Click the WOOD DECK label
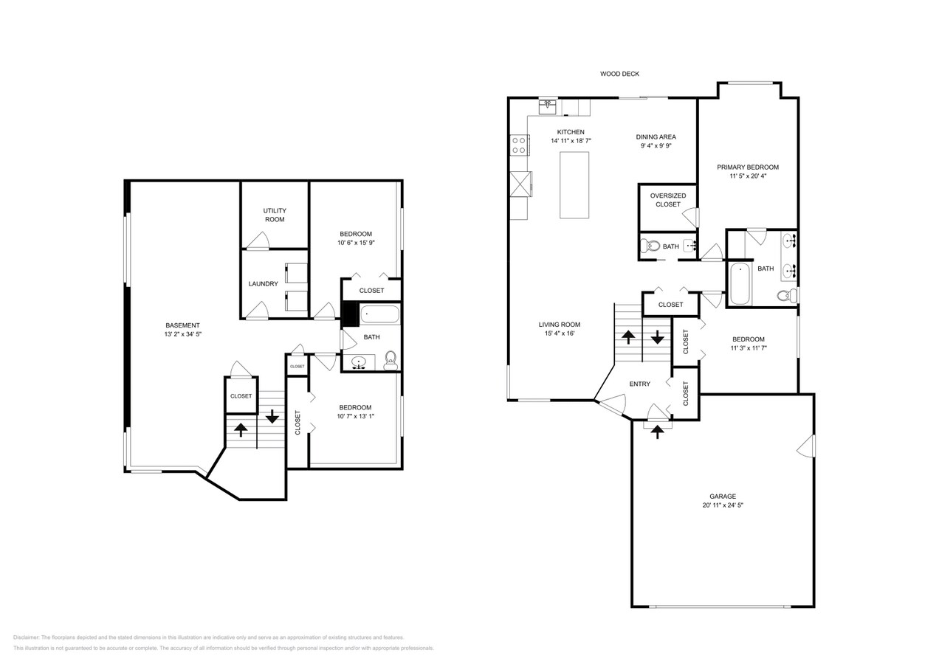[x=619, y=74]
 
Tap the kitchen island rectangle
[x=574, y=184]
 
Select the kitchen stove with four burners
[x=519, y=145]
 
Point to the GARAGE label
[x=723, y=497]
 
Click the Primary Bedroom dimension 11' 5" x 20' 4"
[x=748, y=176]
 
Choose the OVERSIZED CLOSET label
[x=667, y=200]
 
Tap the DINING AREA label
[x=656, y=136]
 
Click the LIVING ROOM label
[x=559, y=324]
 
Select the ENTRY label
[x=639, y=384]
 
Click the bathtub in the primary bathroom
[x=740, y=283]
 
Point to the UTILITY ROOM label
[x=275, y=215]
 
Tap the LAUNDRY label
[x=263, y=284]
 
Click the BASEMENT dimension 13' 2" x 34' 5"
[x=182, y=334]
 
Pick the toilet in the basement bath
[x=391, y=360]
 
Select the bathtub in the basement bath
[x=379, y=315]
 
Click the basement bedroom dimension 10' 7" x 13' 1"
[x=355, y=416]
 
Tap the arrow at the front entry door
[x=657, y=432]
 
